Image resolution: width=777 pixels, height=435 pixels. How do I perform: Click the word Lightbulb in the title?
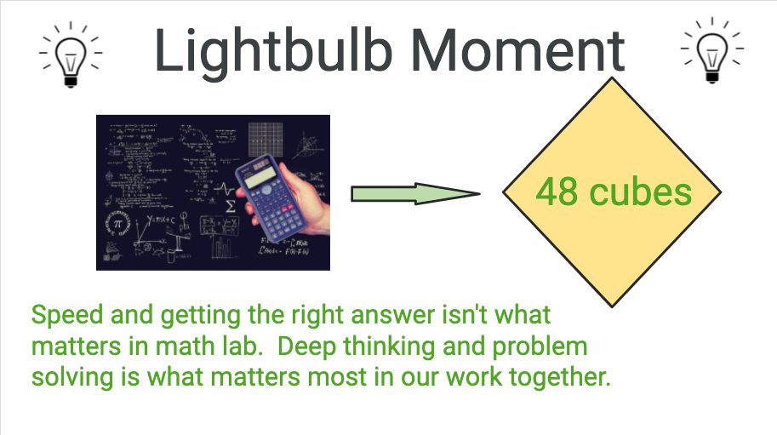273,52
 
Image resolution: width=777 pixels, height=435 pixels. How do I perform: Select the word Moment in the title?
518,50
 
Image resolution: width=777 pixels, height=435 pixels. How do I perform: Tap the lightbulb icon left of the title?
71,54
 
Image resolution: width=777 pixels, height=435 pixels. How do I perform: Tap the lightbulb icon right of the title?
712,50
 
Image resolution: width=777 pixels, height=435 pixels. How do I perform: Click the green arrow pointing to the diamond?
415,194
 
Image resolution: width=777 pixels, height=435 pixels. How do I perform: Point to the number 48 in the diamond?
557,192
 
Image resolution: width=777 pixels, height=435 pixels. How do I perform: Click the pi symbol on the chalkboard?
117,224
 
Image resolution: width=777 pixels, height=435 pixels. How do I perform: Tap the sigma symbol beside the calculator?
231,206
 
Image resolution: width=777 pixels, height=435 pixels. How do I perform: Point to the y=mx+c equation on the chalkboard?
161,220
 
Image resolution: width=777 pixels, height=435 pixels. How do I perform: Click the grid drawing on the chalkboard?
266,140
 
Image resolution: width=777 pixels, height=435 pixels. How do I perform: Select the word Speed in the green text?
67,316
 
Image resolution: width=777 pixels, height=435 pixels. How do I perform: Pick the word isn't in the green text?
465,315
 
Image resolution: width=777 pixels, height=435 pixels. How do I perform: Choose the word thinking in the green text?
389,347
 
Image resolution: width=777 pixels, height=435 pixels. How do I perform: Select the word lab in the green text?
242,346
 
